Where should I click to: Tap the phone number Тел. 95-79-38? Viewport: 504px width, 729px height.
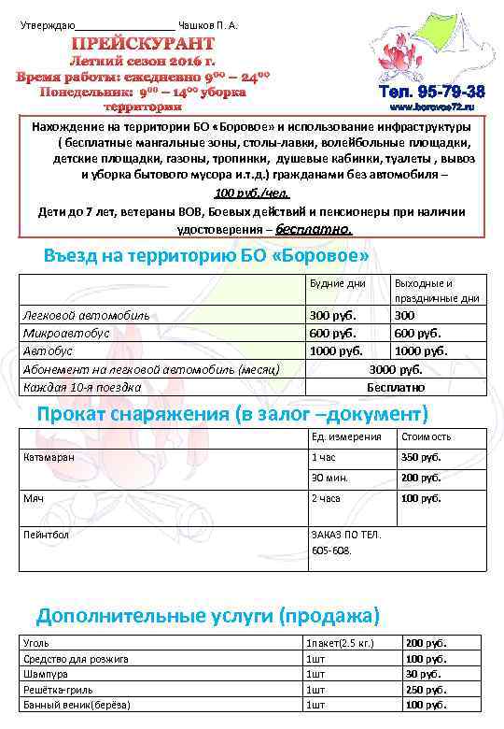click(431, 93)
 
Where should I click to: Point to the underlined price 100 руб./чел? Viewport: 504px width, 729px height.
click(252, 193)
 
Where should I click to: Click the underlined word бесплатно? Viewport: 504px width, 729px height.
click(315, 228)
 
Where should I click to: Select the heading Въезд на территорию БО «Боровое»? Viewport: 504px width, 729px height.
click(206, 255)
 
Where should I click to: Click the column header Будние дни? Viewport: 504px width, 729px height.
click(336, 282)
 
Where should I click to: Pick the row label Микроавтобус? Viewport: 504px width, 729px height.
click(65, 333)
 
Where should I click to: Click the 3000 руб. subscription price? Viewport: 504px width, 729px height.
click(396, 368)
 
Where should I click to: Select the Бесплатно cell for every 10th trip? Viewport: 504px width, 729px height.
click(396, 386)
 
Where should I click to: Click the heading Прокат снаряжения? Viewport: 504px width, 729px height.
click(231, 413)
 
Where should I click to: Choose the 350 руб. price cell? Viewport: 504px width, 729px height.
click(420, 457)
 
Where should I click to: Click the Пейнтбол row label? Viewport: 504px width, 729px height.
click(46, 534)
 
